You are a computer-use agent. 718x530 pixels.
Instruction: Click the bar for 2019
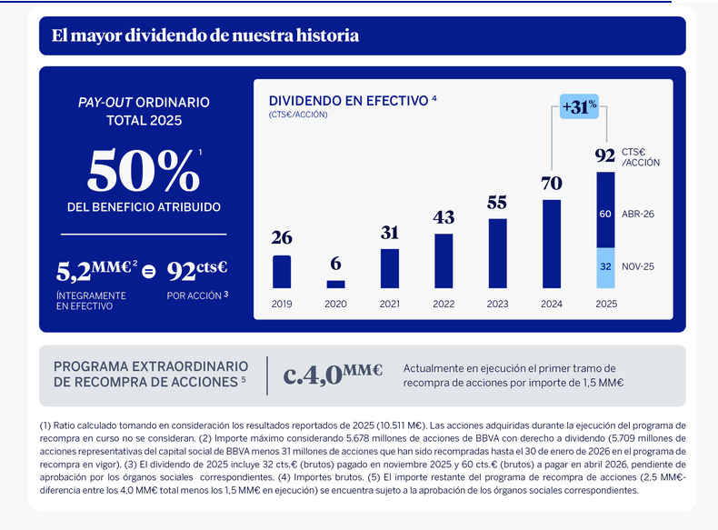point(282,272)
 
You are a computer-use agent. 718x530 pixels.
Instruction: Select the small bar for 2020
point(335,285)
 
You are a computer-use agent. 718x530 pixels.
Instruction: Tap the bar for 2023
point(497,254)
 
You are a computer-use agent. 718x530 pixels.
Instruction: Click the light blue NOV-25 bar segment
point(605,267)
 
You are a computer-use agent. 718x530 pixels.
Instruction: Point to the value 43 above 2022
point(444,218)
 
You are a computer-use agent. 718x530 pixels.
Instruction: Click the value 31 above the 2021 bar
point(390,233)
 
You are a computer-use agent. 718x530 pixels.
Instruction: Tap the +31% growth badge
point(579,106)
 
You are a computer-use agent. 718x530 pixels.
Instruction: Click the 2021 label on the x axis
point(390,304)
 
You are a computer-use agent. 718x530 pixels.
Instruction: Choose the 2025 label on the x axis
point(605,304)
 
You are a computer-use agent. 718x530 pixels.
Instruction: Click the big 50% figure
point(143,169)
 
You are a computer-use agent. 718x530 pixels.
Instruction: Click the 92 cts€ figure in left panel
point(197,270)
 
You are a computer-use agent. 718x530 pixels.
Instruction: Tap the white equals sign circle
point(149,270)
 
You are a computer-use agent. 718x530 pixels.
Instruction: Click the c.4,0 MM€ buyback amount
point(333,374)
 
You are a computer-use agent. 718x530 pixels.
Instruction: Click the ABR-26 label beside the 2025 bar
point(638,215)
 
